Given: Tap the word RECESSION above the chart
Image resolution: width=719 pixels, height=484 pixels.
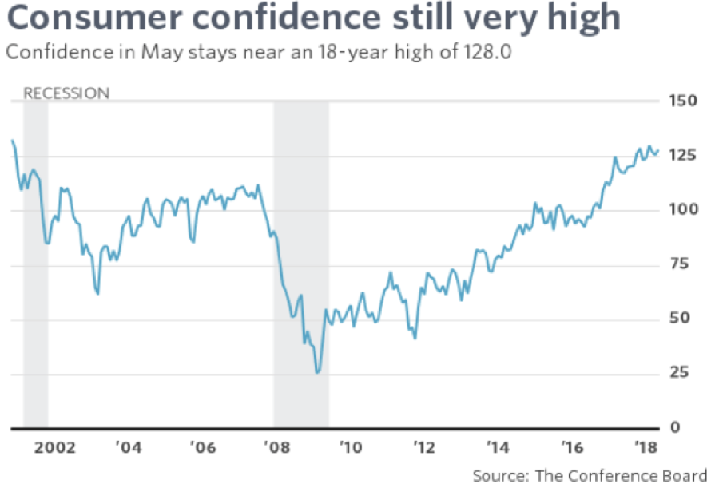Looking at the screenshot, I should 66,93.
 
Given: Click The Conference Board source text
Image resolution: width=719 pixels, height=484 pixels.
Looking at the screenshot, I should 620,476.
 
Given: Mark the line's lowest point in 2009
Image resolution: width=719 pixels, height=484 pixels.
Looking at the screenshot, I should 318,372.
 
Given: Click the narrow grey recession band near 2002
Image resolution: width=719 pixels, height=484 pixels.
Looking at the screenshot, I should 35,264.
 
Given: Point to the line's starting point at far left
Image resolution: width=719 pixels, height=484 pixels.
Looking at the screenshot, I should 12,141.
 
